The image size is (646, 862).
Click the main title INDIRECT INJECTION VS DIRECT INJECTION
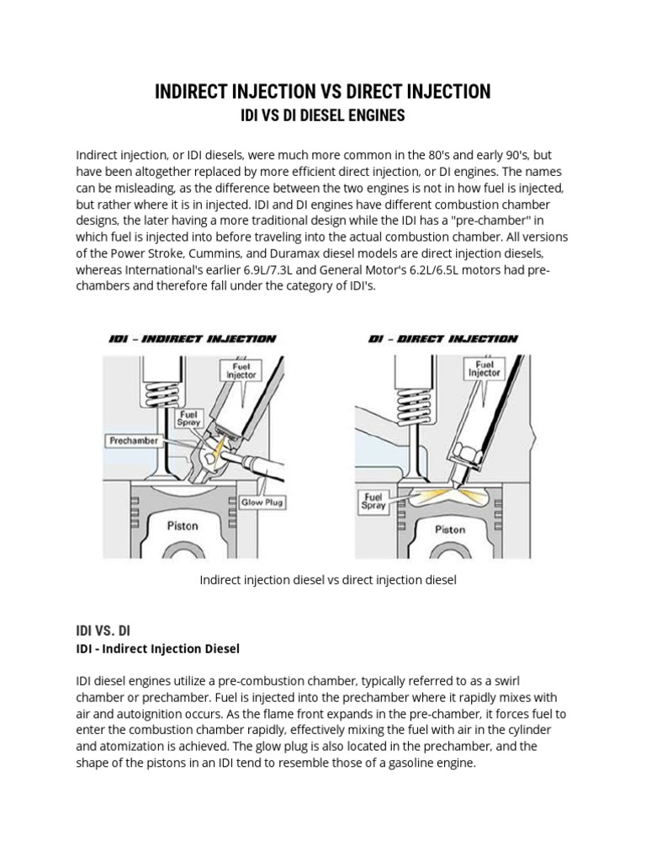[323, 92]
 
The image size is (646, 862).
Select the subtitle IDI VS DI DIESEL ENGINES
[323, 115]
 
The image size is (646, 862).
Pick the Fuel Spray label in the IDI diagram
[187, 419]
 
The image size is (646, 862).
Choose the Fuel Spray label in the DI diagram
[373, 501]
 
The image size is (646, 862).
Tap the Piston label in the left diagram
[183, 526]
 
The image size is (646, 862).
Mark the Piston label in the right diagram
[449, 529]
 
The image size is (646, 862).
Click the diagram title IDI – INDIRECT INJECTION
[193, 339]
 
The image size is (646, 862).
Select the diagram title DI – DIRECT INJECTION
[442, 339]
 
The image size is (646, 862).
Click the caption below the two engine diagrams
[327, 581]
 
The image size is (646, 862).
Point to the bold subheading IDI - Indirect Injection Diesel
[158, 649]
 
